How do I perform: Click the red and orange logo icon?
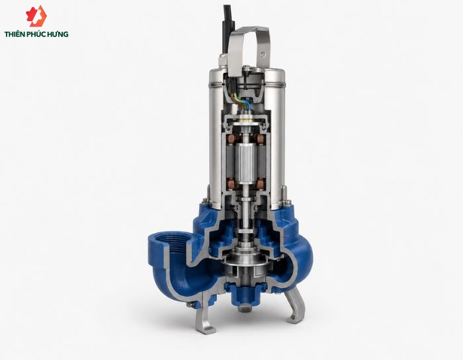point(36,16)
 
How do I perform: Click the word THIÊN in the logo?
point(15,34)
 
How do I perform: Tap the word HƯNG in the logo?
point(59,34)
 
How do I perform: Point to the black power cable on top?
point(229,28)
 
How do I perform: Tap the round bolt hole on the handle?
point(263,54)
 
